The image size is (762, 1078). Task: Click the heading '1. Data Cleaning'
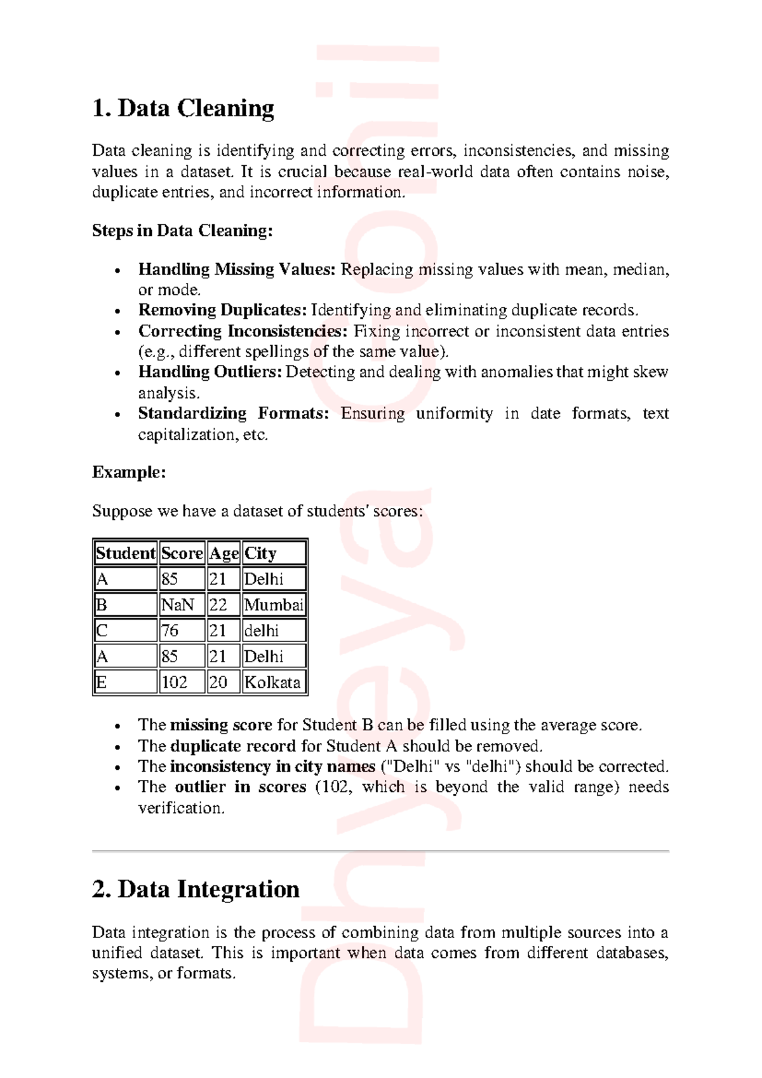183,109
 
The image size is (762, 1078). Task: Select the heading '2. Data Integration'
196,889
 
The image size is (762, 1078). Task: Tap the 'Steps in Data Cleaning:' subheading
182,231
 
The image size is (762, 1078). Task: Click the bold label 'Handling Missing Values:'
236,269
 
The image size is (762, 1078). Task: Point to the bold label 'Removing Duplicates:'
222,310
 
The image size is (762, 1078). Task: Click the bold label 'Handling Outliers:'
210,372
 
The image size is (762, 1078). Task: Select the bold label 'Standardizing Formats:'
233,414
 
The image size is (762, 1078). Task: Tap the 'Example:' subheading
129,472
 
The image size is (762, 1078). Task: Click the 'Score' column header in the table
182,553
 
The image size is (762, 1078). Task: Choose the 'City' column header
274,553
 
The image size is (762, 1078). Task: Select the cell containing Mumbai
274,604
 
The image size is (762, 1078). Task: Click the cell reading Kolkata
274,682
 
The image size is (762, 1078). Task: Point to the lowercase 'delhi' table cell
274,631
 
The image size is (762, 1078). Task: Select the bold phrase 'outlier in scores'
240,787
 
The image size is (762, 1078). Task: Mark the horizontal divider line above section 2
380,850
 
